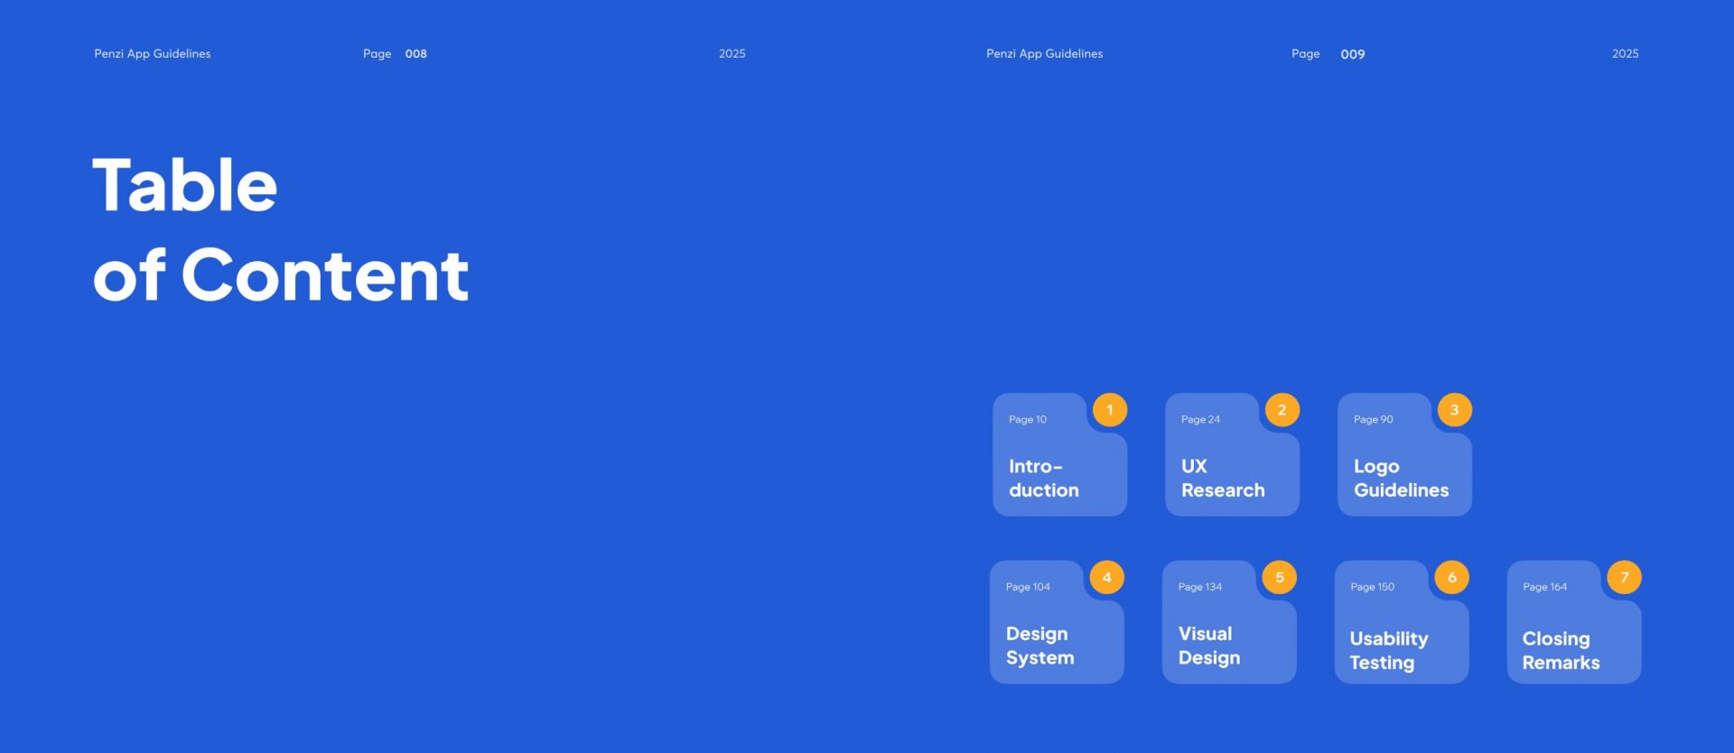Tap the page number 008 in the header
[x=415, y=54]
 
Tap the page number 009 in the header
[x=1352, y=54]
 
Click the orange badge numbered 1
[x=1110, y=410]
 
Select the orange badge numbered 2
[x=1282, y=410]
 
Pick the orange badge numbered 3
[x=1454, y=410]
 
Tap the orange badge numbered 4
[x=1106, y=578]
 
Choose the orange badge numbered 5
[x=1279, y=578]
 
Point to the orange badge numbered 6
[x=1451, y=578]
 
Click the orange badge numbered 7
[x=1624, y=578]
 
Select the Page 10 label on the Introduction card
[x=1028, y=420]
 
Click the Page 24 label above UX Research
[x=1200, y=420]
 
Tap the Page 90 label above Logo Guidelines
[x=1373, y=420]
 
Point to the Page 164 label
[x=1544, y=587]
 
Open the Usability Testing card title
[x=1389, y=651]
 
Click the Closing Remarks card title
[x=1561, y=651]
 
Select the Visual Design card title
[x=1209, y=646]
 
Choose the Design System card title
[x=1039, y=646]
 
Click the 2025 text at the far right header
[x=1625, y=54]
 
